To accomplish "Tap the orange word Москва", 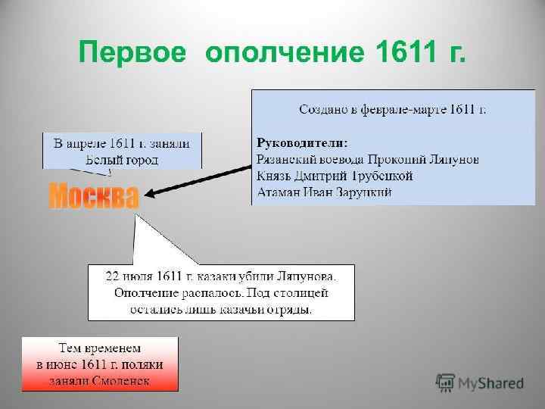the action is click(x=94, y=196).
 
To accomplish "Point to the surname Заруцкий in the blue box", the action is click(x=363, y=192).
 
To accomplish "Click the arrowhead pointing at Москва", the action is click(x=150, y=193).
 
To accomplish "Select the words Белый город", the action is click(x=122, y=159).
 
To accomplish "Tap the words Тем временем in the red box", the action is click(x=99, y=348).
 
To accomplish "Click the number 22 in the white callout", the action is click(x=112, y=275).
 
